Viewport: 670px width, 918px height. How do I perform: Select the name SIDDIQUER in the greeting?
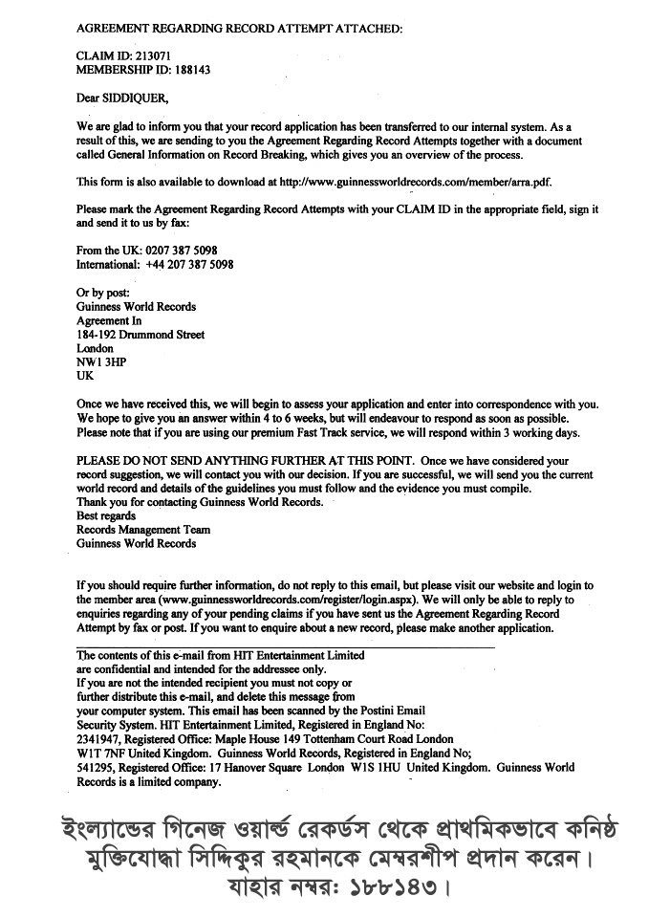pos(140,98)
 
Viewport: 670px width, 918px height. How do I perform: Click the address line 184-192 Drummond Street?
pos(140,336)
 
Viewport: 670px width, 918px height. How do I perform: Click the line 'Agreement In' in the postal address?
pos(108,321)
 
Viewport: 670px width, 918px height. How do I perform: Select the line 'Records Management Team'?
pos(143,530)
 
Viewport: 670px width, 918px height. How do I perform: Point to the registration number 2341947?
pos(99,739)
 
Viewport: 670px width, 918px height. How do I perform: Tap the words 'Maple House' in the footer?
pos(248,739)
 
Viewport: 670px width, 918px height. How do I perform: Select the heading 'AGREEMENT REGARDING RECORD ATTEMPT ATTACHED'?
pos(239,29)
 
